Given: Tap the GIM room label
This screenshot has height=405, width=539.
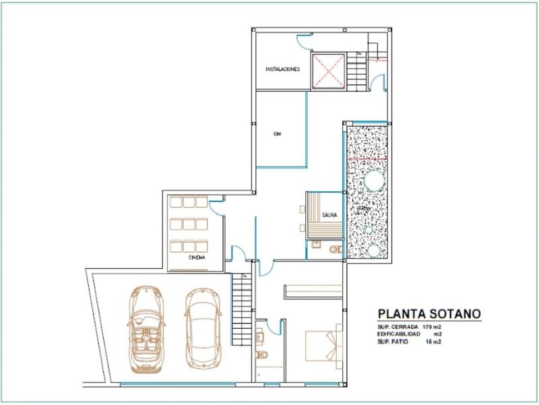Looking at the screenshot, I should [277, 134].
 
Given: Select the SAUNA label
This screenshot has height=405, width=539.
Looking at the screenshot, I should [329, 216].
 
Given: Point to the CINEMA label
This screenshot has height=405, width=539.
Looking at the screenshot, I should [197, 257].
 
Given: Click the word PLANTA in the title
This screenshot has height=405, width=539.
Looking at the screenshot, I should [400, 313].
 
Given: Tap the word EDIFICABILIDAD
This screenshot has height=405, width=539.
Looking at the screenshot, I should [400, 334].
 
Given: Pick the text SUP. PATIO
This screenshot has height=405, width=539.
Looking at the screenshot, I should [393, 342].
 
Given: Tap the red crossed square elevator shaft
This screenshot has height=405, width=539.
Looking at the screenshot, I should [328, 70].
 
